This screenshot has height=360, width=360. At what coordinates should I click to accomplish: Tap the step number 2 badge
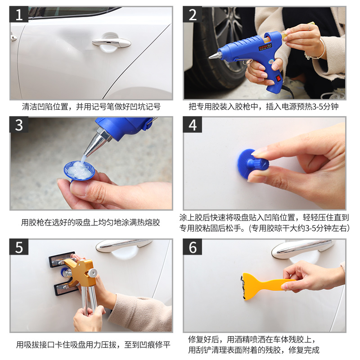click(193, 14)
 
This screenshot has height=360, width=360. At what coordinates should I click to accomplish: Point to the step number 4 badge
click(193, 125)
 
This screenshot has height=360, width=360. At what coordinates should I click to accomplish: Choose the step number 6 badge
click(193, 247)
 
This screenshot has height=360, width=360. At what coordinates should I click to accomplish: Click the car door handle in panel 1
click(111, 42)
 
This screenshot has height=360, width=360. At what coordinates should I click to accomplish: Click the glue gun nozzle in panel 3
click(96, 144)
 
